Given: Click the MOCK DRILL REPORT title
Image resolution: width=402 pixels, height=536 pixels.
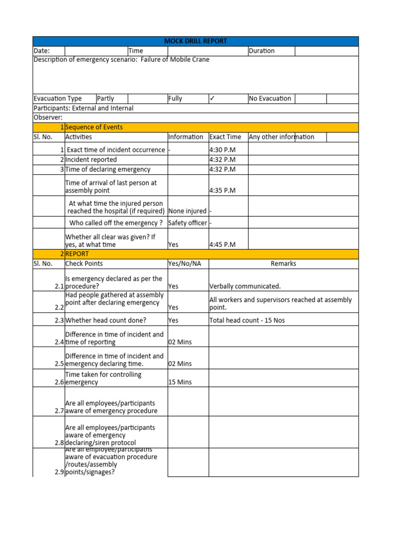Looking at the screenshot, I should [196, 41].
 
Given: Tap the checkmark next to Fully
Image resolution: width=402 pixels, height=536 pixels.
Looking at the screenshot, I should [212, 98].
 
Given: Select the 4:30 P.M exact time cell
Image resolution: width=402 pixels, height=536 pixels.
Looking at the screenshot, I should [222, 150].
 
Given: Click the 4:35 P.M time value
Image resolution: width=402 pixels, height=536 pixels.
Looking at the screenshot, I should [222, 191].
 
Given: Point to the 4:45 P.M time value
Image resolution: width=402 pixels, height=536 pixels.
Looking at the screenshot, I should [222, 244].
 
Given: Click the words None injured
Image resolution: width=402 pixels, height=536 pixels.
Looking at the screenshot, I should [187, 211].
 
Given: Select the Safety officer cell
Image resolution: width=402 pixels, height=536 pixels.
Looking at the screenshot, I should [187, 223].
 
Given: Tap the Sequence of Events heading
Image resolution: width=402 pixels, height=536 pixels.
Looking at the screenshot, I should [94, 127].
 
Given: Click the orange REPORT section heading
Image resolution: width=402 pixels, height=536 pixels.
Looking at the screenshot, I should [77, 254].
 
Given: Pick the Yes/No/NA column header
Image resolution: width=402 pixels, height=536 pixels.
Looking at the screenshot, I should [184, 264].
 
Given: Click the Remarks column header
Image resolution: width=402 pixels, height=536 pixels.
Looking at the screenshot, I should [283, 264].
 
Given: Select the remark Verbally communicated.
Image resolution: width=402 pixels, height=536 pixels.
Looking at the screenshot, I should [245, 286].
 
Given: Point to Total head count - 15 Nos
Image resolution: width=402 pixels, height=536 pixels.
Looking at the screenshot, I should [247, 320].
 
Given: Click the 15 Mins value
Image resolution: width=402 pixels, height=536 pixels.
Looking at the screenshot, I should [180, 382].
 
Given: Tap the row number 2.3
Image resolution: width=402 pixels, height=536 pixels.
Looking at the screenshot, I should [59, 320].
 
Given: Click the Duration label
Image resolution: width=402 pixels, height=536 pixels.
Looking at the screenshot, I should [262, 51].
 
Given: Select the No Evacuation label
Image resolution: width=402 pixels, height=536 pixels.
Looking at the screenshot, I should [270, 98].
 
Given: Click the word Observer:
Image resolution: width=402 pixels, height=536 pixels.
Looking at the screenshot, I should [48, 118].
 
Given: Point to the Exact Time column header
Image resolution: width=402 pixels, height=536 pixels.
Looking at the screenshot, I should [225, 137].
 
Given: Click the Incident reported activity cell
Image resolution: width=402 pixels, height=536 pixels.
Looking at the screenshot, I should [91, 160].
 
